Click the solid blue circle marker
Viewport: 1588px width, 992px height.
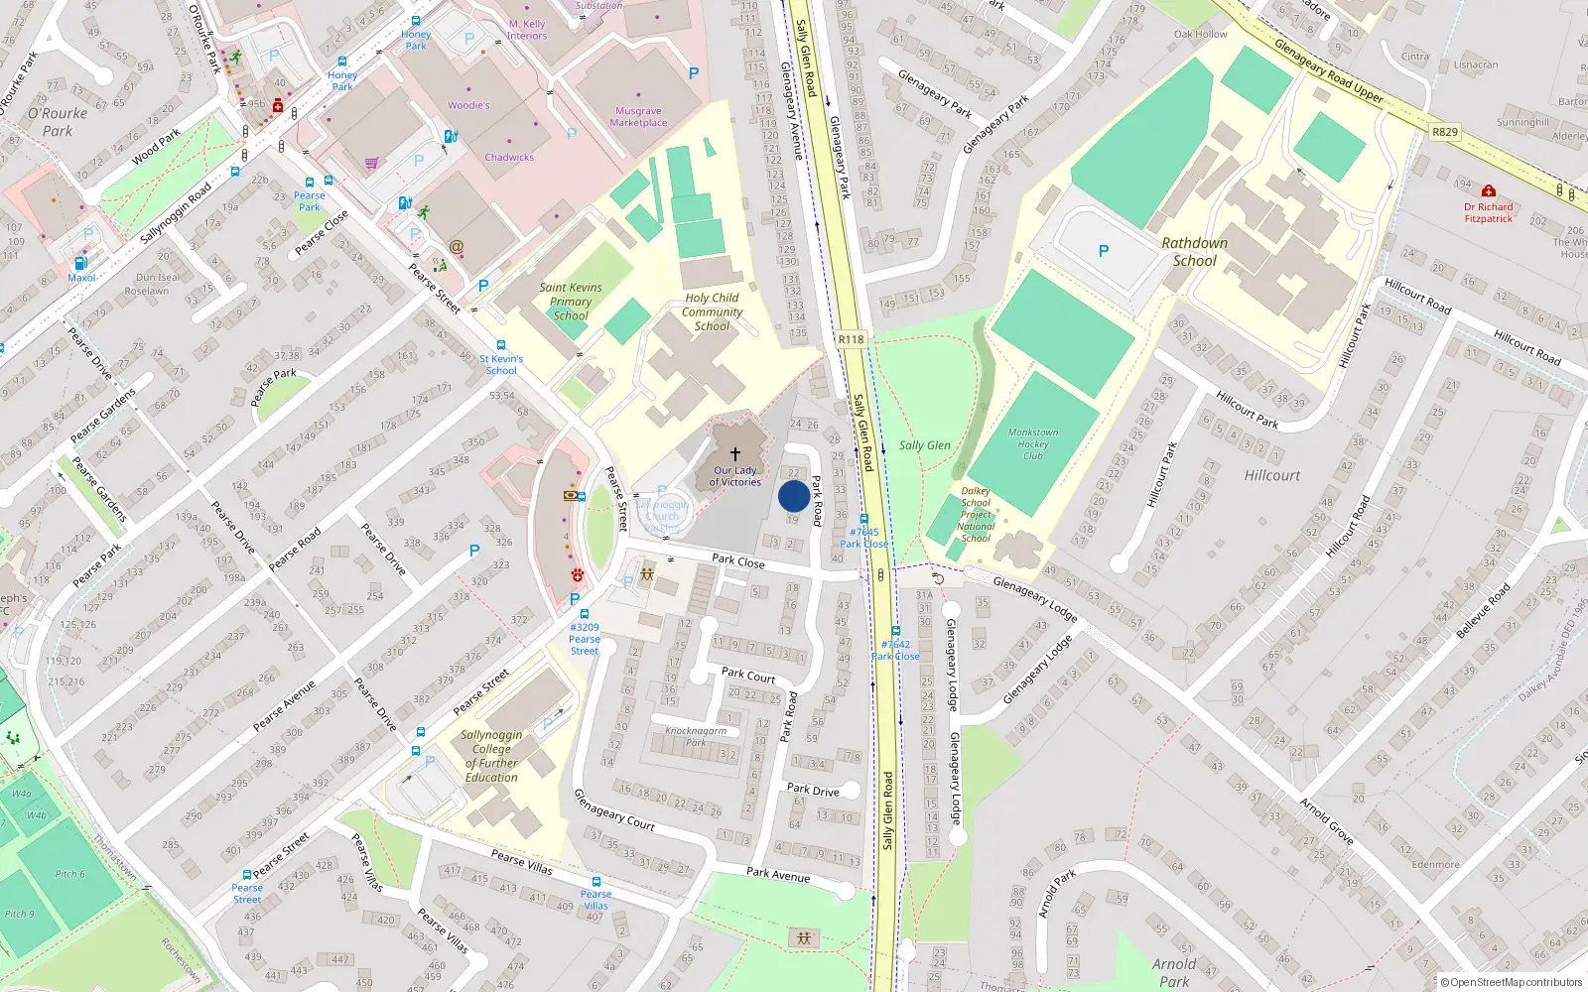[x=793, y=496]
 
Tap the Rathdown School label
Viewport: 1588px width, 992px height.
[x=1195, y=252]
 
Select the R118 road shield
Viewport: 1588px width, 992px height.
[x=851, y=339]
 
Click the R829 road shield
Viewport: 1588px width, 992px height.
[x=1445, y=132]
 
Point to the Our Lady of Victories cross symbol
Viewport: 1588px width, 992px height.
[x=735, y=453]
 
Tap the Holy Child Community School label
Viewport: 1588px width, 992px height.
[x=712, y=311]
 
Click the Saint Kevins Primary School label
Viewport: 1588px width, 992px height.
[x=571, y=302]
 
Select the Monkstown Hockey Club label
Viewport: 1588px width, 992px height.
[x=1033, y=444]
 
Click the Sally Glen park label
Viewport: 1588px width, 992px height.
[x=925, y=445]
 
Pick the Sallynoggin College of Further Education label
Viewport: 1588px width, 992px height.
[x=491, y=757]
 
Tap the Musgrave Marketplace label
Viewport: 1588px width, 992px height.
[x=638, y=117]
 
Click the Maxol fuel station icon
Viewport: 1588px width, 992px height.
[x=80, y=263]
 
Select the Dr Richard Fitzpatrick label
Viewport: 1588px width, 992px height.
[x=1488, y=213]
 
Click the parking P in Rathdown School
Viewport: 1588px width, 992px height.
[x=1103, y=252]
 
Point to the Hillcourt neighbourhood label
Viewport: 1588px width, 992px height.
[x=1271, y=476]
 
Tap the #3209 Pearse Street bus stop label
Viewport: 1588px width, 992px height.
[x=585, y=639]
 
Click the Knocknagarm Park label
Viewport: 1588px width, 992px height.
[x=696, y=736]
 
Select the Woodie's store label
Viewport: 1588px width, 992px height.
[x=468, y=105]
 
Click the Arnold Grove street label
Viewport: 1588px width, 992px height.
[x=1328, y=820]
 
